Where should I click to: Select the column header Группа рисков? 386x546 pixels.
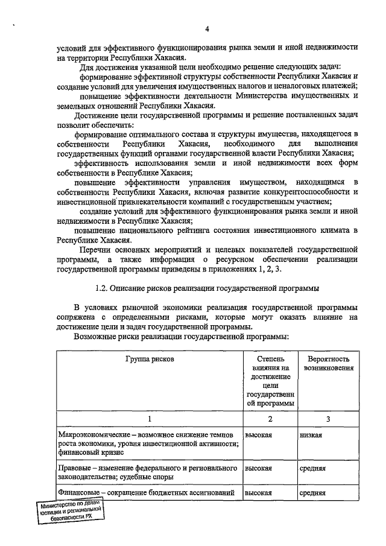pyautogui.click(x=150, y=359)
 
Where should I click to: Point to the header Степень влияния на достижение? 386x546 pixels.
pyautogui.click(x=270, y=381)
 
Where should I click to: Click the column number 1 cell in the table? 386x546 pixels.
pyautogui.click(x=150, y=419)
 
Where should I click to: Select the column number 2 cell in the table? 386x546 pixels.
pyautogui.click(x=270, y=419)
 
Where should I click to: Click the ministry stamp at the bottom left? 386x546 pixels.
pyautogui.click(x=68, y=512)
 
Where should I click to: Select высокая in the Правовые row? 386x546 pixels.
pyautogui.click(x=258, y=468)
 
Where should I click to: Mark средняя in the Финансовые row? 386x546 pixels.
pyautogui.click(x=312, y=493)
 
